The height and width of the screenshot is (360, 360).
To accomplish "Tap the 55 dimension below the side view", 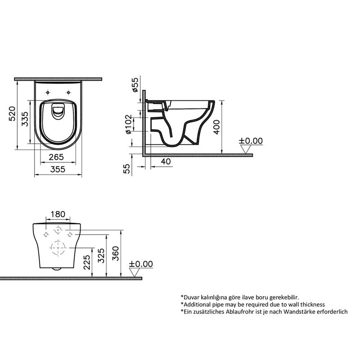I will [x=127, y=168].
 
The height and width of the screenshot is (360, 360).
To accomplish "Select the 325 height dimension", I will [x=102, y=256].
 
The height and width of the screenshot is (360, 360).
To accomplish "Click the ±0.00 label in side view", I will [x=251, y=141].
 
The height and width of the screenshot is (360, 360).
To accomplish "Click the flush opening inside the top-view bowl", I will [x=58, y=112].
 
